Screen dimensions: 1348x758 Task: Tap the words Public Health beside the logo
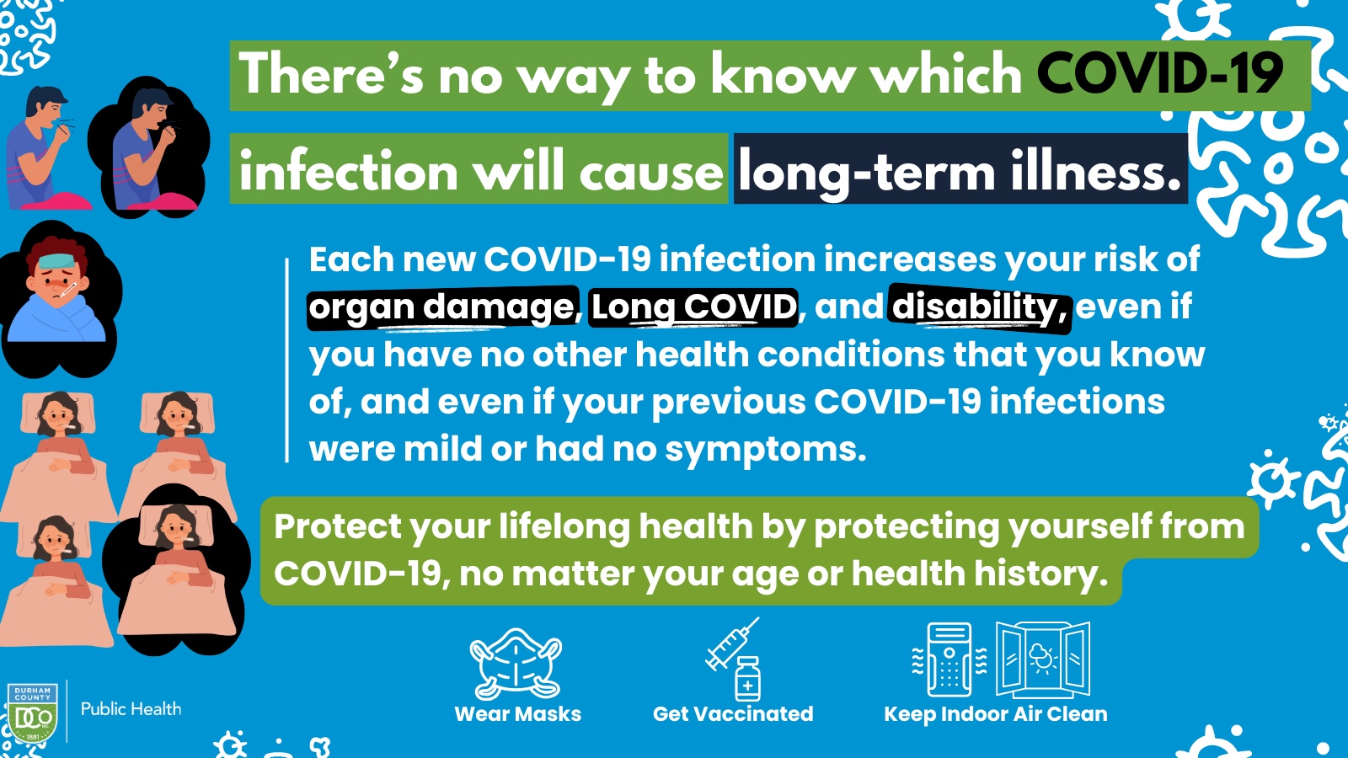[131, 708]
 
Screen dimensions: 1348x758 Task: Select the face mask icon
[516, 664]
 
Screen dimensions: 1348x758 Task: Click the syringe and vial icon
[733, 659]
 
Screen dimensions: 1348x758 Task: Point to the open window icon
[1043, 659]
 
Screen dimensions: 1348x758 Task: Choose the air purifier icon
[949, 659]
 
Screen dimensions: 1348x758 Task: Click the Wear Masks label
[518, 714]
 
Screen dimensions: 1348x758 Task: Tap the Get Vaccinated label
[733, 714]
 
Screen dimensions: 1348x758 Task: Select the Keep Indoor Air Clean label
[995, 714]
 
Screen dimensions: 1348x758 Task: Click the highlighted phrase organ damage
[442, 307]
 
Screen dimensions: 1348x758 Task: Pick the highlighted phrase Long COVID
[693, 307]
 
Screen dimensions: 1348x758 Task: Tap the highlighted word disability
[980, 307]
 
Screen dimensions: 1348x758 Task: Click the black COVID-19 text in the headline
[1159, 73]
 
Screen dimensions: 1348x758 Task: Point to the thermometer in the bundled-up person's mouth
[66, 291]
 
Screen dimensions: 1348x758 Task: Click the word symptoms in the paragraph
[765, 450]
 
